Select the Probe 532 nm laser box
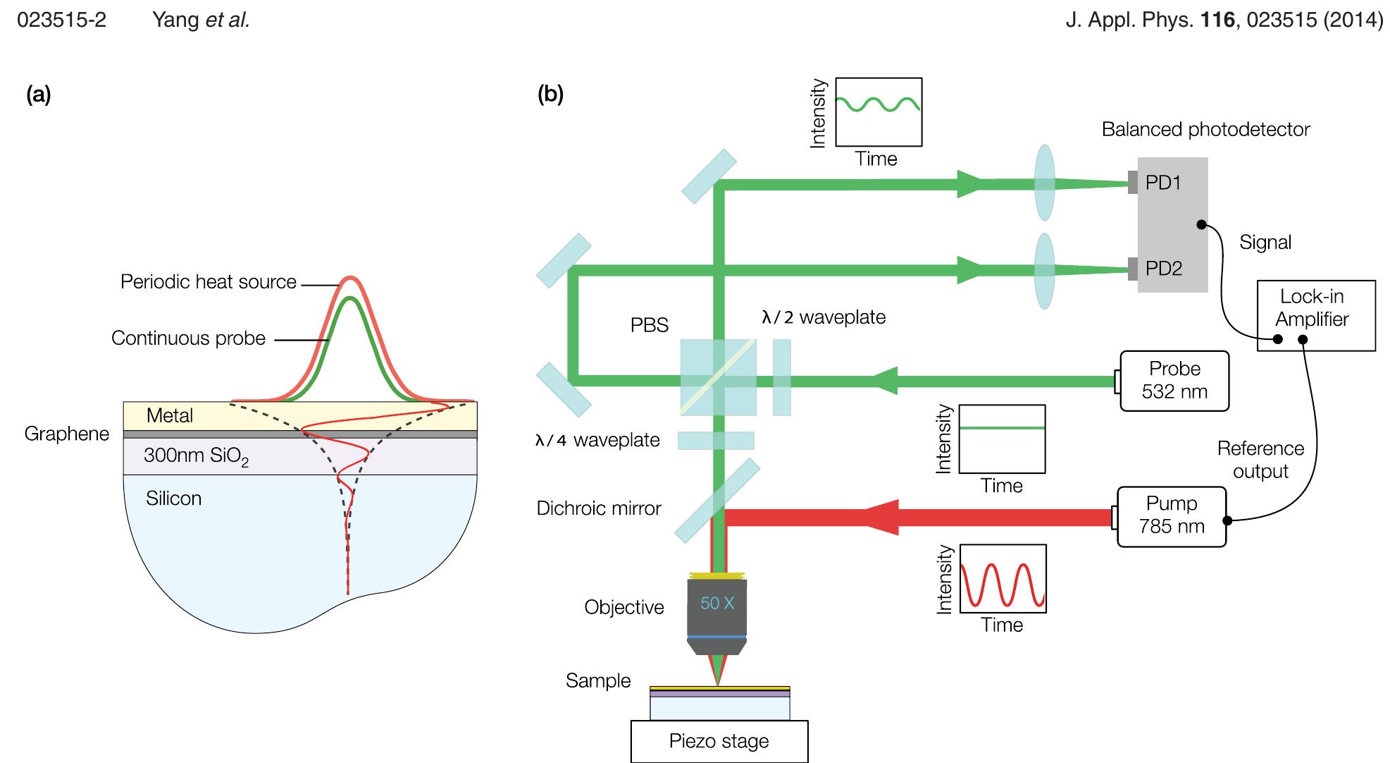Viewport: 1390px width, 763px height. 1174,381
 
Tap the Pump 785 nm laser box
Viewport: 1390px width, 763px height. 1171,515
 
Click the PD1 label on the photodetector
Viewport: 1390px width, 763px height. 1163,183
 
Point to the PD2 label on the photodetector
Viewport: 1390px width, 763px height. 1163,269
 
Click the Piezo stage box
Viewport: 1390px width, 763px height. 719,741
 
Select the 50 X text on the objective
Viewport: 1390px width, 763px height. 717,604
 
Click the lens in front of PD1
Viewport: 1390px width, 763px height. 1044,183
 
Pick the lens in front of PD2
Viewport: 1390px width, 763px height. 1044,271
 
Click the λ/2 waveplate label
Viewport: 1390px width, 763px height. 823,317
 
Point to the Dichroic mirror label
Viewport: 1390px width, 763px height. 599,508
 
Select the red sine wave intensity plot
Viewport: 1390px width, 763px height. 1003,578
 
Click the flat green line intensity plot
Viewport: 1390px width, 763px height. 1003,439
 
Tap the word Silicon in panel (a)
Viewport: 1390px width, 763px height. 173,499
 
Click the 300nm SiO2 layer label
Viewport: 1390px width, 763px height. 196,456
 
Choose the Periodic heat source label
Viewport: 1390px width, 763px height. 209,282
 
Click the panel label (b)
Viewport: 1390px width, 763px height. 550,94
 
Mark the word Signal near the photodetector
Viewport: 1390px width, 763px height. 1265,243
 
